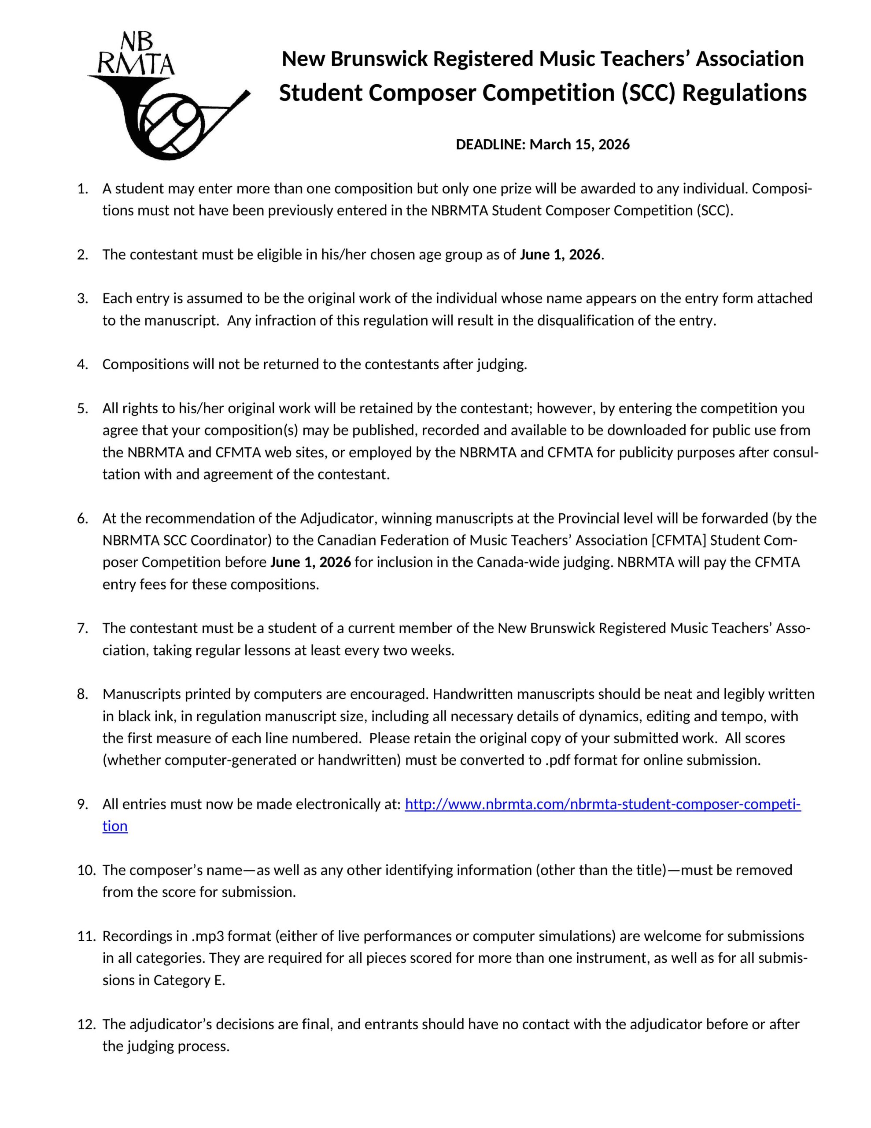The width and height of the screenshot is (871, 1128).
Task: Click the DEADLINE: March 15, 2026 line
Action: (x=542, y=145)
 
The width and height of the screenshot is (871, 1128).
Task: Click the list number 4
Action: (x=82, y=365)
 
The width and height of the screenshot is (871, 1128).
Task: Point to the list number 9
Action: (x=82, y=805)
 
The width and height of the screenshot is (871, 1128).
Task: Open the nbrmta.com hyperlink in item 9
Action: (x=602, y=805)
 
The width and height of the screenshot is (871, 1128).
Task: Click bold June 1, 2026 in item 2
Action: (x=560, y=255)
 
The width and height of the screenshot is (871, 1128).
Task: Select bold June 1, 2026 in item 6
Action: (x=311, y=562)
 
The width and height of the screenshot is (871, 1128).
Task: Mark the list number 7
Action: (x=82, y=629)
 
